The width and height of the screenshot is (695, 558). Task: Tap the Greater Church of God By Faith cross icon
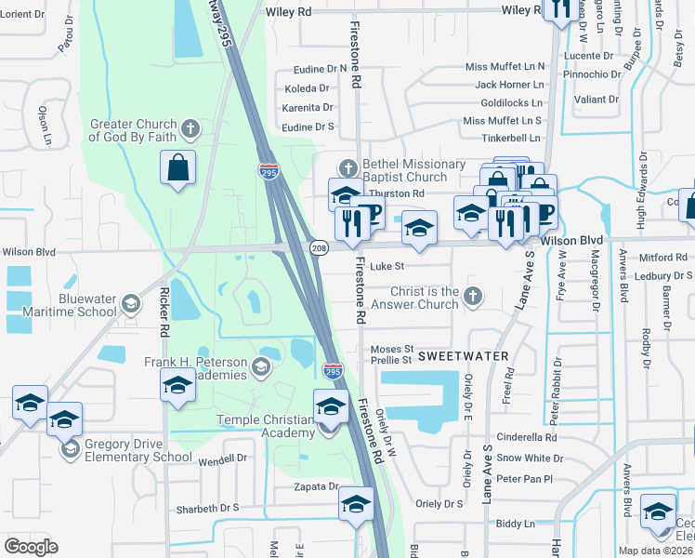(x=190, y=126)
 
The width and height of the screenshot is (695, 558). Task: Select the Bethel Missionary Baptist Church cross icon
(x=348, y=168)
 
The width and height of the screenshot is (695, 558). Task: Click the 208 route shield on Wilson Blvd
(x=320, y=247)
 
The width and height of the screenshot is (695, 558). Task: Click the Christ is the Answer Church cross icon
(x=473, y=297)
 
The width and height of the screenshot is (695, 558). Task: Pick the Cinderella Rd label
(x=526, y=437)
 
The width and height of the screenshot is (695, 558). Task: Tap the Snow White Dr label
(x=526, y=458)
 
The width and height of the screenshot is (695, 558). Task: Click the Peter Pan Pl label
(x=524, y=479)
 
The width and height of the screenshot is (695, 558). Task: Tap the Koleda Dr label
(x=307, y=88)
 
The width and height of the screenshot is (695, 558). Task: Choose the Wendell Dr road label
(x=222, y=458)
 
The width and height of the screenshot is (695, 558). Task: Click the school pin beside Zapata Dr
(x=355, y=503)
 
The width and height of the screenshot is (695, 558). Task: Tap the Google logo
(x=31, y=547)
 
